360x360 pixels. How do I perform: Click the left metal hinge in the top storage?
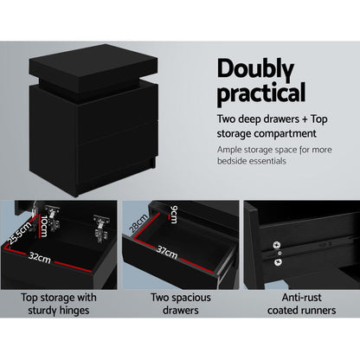55,215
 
